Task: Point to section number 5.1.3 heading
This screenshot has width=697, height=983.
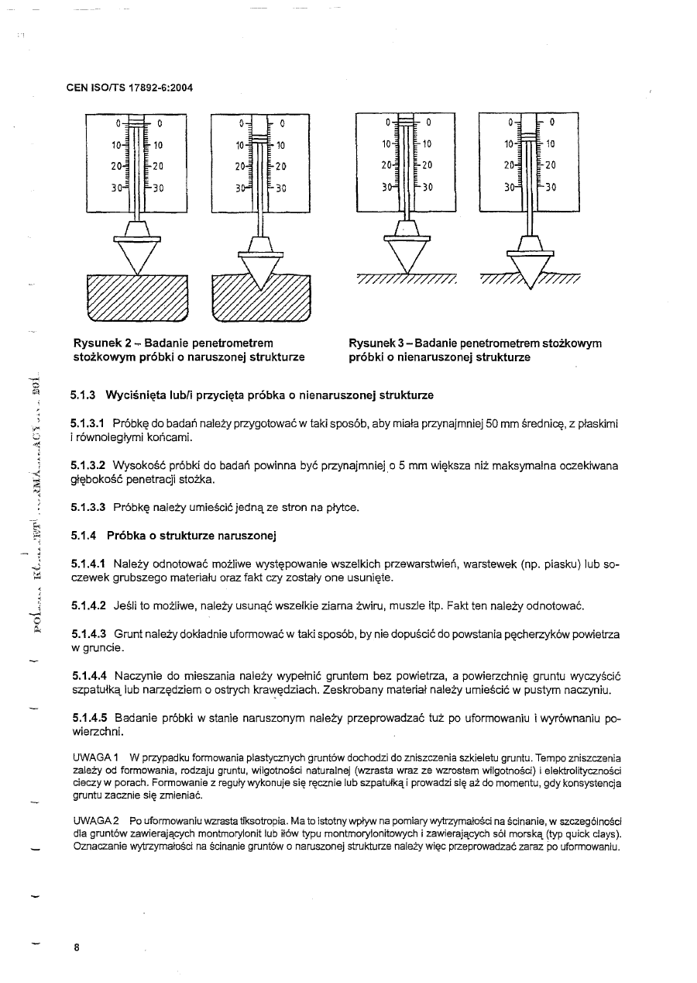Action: (x=81, y=395)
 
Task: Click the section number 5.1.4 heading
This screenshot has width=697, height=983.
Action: (x=81, y=535)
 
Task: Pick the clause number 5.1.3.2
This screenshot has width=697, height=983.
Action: (x=88, y=466)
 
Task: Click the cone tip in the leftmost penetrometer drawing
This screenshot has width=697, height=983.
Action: (x=136, y=271)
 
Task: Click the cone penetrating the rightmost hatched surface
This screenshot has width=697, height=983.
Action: (x=530, y=267)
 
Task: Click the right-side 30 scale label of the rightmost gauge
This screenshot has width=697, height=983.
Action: (x=551, y=187)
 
